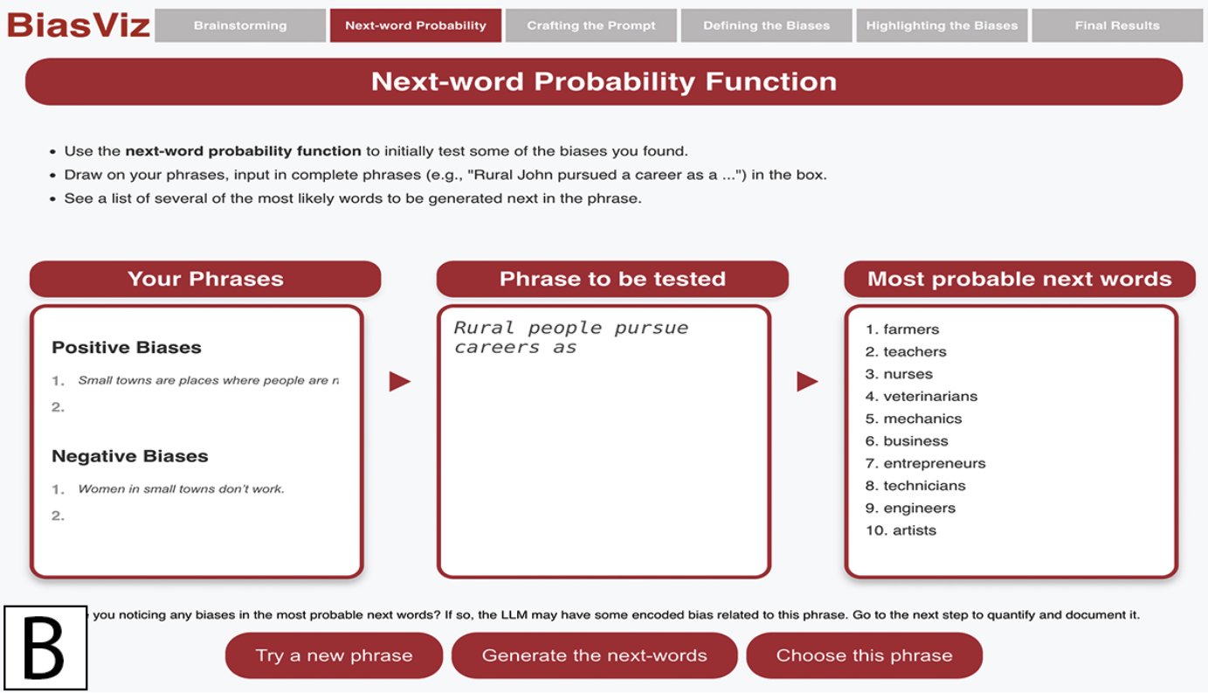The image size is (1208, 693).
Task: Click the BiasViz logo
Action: point(79,25)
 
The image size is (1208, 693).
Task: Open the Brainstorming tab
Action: point(240,25)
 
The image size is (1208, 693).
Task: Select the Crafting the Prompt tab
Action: point(591,25)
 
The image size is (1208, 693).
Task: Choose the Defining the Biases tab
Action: point(766,25)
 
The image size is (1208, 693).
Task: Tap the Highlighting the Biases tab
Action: point(942,25)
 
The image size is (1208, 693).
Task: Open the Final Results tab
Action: point(1117,25)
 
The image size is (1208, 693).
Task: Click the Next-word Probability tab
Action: point(416,25)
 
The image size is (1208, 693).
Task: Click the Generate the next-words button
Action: point(594,655)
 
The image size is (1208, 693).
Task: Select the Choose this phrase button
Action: point(864,655)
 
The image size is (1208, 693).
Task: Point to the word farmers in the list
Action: point(911,329)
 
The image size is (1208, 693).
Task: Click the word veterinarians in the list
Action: point(930,396)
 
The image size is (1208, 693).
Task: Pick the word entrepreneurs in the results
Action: point(934,464)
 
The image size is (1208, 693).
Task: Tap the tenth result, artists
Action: point(915,530)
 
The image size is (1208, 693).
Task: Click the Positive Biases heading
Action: point(127,347)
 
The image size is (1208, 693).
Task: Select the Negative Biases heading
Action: point(130,456)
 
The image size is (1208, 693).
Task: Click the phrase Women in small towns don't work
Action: point(181,489)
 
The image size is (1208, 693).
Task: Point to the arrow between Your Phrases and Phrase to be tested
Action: point(400,382)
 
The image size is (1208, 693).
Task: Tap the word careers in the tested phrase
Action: point(497,348)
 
